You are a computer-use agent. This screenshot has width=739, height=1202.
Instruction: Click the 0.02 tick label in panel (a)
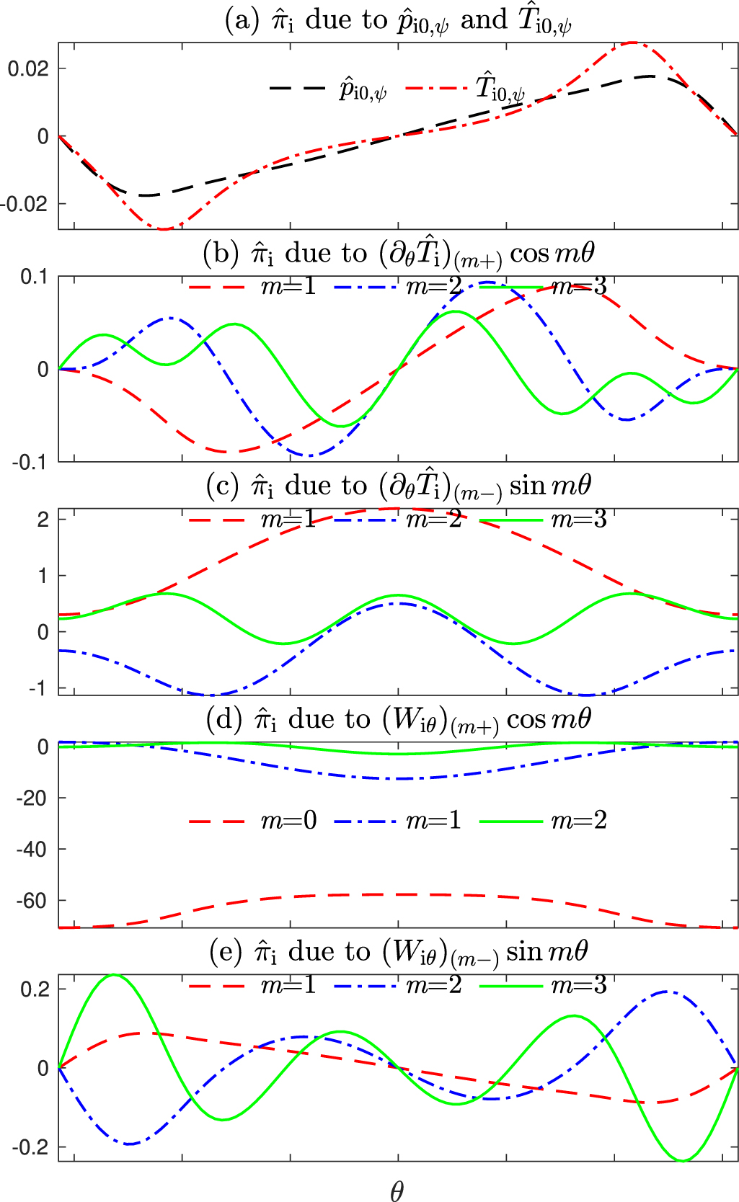pos(27,69)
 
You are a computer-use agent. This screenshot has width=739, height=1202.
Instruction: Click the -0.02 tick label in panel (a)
pos(25,204)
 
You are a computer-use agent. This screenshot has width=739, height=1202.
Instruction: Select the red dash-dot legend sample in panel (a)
pos(436,88)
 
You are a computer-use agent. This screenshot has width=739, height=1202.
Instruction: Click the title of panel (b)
pos(399,254)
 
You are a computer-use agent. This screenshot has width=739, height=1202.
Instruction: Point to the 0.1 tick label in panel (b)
pos(34,277)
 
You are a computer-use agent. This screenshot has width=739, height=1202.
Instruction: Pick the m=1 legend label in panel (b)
pos(288,287)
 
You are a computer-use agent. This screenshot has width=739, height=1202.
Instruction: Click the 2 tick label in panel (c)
pos(43,520)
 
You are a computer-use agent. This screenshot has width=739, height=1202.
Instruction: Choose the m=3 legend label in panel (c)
pos(579,520)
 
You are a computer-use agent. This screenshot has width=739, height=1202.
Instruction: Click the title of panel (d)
pos(399,719)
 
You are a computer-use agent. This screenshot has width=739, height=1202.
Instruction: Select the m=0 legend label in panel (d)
pos(288,821)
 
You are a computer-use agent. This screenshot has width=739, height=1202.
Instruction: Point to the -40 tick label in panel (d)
pos(32,850)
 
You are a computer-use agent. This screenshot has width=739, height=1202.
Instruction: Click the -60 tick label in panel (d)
pos(32,901)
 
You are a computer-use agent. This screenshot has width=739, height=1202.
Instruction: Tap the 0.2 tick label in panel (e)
pos(34,989)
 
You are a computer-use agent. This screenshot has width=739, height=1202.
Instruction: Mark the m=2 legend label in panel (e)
pos(433,985)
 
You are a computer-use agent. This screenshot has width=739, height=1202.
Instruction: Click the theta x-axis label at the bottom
pos(397,1191)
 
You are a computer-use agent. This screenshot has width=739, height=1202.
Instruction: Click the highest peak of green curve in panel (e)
pos(115,975)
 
